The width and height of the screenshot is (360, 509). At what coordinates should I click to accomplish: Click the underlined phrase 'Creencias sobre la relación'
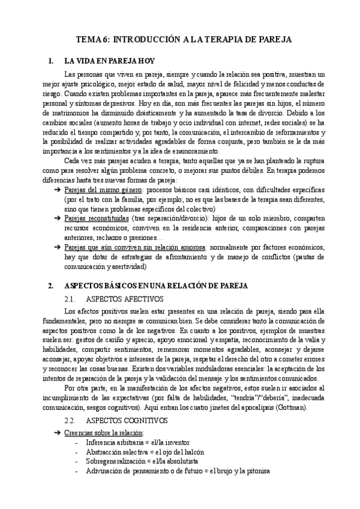pyautogui.click(x=103, y=433)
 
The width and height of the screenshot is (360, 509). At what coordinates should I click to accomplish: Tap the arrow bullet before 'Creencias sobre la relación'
pyautogui.click(x=56, y=433)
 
